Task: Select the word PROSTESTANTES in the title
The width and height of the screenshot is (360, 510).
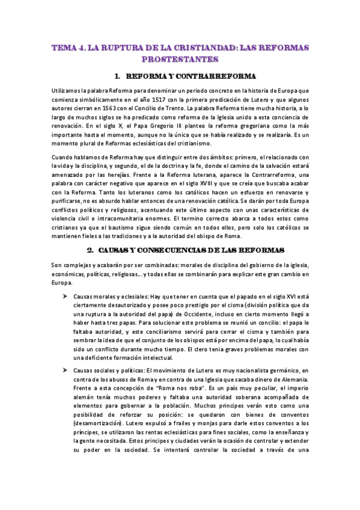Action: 179,60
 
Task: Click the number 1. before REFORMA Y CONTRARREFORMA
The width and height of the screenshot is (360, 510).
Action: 116,76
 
